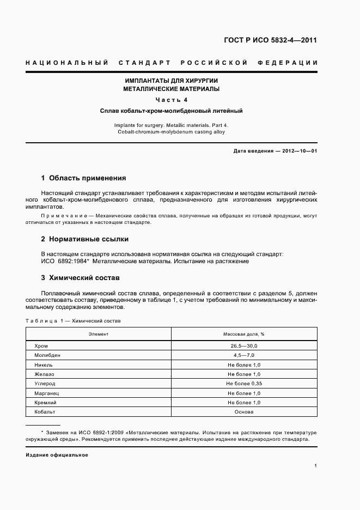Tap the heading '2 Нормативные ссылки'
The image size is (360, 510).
pyautogui.click(x=84, y=239)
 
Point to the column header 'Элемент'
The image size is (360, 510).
pyautogui.click(x=99, y=333)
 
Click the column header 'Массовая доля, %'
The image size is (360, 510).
pyautogui.click(x=243, y=333)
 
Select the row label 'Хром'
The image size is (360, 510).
pyautogui.click(x=41, y=346)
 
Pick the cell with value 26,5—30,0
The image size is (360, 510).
pyautogui.click(x=243, y=346)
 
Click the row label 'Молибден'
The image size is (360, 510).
pyautogui.click(x=47, y=355)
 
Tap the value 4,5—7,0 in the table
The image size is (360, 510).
pyautogui.click(x=243, y=355)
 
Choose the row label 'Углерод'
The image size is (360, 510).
pyautogui.click(x=45, y=384)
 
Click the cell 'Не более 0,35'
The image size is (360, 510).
pyautogui.click(x=243, y=384)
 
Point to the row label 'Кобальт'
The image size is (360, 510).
pyautogui.click(x=45, y=412)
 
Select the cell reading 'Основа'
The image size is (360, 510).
pyautogui.click(x=243, y=412)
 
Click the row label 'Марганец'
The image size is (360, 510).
pyautogui.click(x=46, y=393)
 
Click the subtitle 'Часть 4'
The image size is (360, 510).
pyautogui.click(x=171, y=100)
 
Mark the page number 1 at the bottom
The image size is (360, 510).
pyautogui.click(x=315, y=466)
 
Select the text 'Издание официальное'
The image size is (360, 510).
pyautogui.click(x=57, y=454)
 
